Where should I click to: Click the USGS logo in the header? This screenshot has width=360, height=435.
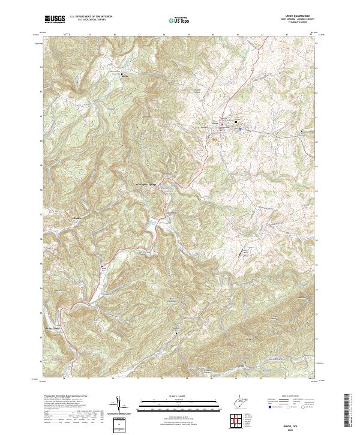[x=55, y=20]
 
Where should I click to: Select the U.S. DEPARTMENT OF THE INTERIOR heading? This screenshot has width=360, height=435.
[x=95, y=17]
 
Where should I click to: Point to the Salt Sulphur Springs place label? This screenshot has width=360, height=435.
[x=148, y=184]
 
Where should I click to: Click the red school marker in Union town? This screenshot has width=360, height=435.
[x=221, y=125]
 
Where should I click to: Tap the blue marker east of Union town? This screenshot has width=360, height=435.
[x=236, y=125]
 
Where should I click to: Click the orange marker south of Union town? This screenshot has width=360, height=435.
[x=215, y=138]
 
